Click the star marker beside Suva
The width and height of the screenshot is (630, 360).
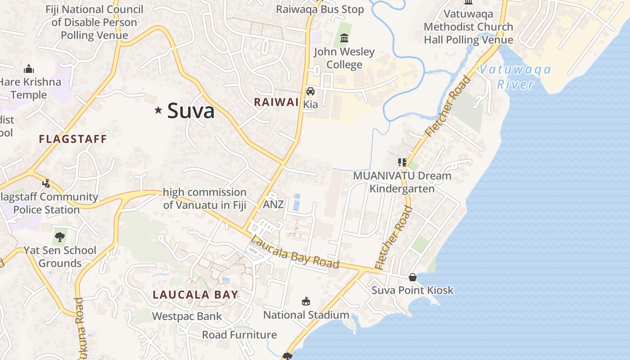(x=158, y=110)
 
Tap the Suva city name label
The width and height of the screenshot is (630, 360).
(x=191, y=111)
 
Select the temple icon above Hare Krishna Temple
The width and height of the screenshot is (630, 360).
(x=29, y=69)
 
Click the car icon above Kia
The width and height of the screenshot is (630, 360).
(x=310, y=91)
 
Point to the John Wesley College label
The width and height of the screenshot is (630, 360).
(x=344, y=58)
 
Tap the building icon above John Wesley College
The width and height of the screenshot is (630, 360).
(x=344, y=38)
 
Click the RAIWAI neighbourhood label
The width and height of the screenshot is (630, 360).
(x=276, y=102)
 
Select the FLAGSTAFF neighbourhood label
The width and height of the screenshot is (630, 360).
(x=73, y=139)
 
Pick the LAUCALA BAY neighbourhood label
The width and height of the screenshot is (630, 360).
(x=195, y=295)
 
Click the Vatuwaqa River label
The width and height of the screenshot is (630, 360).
(x=515, y=76)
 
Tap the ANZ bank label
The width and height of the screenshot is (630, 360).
(x=273, y=204)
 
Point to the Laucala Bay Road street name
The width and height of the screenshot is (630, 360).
(x=294, y=252)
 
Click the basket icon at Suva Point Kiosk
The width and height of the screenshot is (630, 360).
(x=412, y=277)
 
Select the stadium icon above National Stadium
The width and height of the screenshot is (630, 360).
(x=306, y=301)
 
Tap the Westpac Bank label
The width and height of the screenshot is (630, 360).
(x=187, y=316)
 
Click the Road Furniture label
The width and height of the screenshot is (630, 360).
(x=239, y=335)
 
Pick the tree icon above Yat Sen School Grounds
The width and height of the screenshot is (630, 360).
(x=59, y=237)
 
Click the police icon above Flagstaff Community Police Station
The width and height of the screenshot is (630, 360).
(x=46, y=183)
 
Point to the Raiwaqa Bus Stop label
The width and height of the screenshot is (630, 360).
(x=319, y=9)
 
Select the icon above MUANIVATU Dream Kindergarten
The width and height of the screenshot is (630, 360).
(x=402, y=162)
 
